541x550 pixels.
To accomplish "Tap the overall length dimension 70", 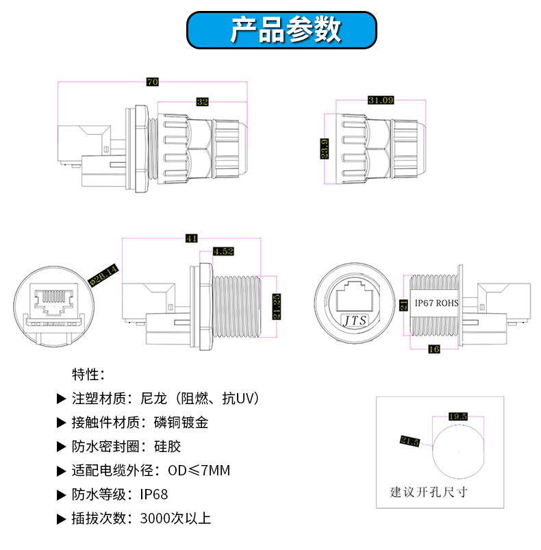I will (x=152, y=82).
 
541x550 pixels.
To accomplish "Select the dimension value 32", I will (x=202, y=102).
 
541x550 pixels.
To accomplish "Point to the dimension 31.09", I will (x=381, y=100).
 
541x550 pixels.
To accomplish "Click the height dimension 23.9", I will (x=325, y=148).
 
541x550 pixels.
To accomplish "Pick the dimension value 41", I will (x=191, y=238).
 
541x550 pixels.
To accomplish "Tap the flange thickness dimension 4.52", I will (x=224, y=251).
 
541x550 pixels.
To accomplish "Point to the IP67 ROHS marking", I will (x=437, y=302).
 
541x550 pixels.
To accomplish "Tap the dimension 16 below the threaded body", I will (x=433, y=349).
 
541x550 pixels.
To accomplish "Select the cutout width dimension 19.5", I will (x=457, y=416).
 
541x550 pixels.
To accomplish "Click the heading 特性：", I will (x=88, y=375).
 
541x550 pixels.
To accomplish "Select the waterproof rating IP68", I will (x=154, y=495).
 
